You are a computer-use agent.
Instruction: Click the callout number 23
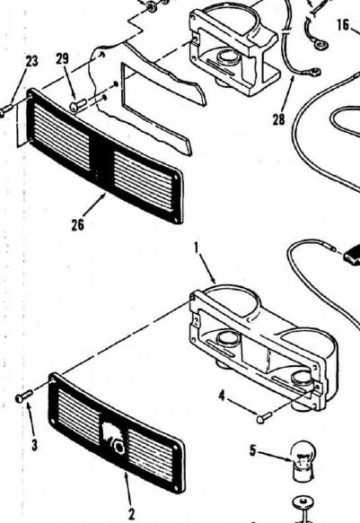pyautogui.click(x=32, y=61)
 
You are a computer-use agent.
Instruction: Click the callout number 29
pyautogui.click(x=62, y=58)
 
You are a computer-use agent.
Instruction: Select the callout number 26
pyautogui.click(x=78, y=225)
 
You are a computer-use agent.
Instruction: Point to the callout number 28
pyautogui.click(x=279, y=119)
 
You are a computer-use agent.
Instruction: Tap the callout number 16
pyautogui.click(x=343, y=25)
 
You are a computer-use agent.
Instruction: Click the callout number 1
pyautogui.click(x=197, y=248)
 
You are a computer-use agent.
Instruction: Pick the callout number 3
pyautogui.click(x=34, y=445)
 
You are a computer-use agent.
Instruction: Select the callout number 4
pyautogui.click(x=222, y=396)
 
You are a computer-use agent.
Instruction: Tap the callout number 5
pyautogui.click(x=253, y=450)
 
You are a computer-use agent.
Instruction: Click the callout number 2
pyautogui.click(x=132, y=514)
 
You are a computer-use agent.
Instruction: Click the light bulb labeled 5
pyautogui.click(x=303, y=460)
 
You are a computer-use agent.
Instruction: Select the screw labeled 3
pyautogui.click(x=24, y=396)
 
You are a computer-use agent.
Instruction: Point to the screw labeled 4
pyautogui.click(x=265, y=417)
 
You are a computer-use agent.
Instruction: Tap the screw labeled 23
pyautogui.click(x=6, y=110)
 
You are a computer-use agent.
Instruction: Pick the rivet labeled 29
pyautogui.click(x=78, y=105)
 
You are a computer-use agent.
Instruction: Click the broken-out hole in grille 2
pyautogui.click(x=114, y=433)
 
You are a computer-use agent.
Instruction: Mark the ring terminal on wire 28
pyautogui.click(x=314, y=71)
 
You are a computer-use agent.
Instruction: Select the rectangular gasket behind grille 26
pyautogui.click(x=156, y=109)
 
